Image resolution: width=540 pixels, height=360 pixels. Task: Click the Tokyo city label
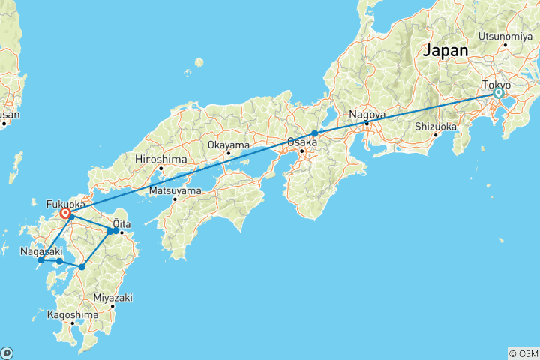pyautogui.click(x=495, y=85)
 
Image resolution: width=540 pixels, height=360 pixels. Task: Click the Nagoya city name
pyautogui.click(x=366, y=115)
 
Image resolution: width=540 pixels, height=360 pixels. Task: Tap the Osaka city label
pyautogui.click(x=302, y=142)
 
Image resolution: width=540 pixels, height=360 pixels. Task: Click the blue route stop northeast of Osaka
pyautogui.click(x=315, y=133)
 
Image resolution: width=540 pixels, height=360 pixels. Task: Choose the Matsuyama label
pyautogui.click(x=175, y=190)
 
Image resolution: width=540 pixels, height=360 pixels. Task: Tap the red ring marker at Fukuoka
pyautogui.click(x=66, y=214)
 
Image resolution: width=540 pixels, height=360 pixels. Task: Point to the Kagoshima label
pyautogui.click(x=72, y=315)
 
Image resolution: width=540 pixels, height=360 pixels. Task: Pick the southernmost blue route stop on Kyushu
pyautogui.click(x=82, y=267)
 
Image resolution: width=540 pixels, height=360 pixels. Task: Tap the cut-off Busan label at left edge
pyautogui.click(x=9, y=115)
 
